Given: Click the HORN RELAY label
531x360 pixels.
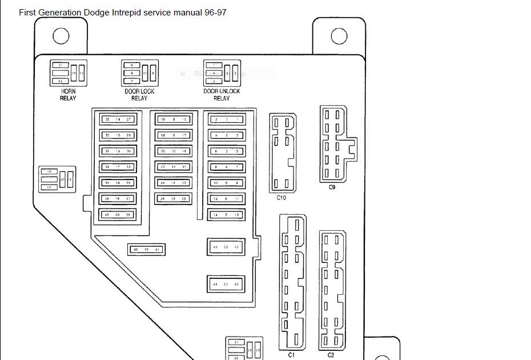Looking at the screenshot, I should click(x=68, y=95).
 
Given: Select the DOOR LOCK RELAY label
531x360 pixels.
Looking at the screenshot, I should click(x=139, y=95).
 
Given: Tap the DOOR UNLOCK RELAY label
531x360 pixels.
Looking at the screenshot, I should click(x=222, y=95).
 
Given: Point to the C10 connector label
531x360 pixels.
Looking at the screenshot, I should click(x=281, y=198).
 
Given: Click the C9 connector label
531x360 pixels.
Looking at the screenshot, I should click(x=332, y=187).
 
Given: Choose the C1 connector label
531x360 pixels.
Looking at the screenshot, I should click(x=291, y=355).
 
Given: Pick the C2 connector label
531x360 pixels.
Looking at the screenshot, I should click(x=331, y=355).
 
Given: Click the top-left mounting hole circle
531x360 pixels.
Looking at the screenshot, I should click(x=61, y=36).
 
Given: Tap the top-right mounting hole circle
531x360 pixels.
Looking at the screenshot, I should click(x=339, y=36).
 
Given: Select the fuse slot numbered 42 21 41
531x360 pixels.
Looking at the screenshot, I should click(x=147, y=250).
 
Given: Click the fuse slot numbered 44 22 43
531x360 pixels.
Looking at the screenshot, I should click(x=226, y=247).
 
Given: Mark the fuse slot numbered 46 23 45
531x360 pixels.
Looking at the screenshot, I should click(x=226, y=284).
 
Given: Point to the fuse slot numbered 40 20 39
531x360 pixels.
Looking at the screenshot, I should click(x=118, y=215).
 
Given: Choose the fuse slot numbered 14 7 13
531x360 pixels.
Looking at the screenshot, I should click(x=226, y=215).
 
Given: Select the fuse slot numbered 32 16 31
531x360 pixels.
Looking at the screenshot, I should click(x=118, y=151).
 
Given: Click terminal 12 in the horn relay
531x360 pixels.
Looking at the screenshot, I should click(x=61, y=81).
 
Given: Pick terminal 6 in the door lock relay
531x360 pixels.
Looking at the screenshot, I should click(x=131, y=66).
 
